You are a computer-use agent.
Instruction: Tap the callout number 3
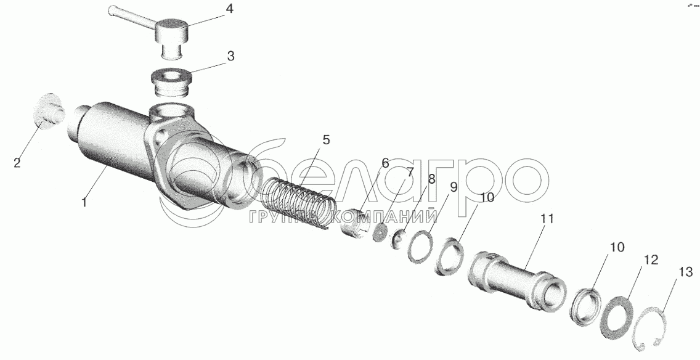tap(230, 57)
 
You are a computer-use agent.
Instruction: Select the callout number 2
tap(17, 163)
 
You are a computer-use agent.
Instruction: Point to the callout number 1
tap(84, 202)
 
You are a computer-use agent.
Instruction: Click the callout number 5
tap(326, 140)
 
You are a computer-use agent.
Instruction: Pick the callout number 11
tap(547, 219)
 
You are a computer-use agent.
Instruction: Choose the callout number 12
tap(651, 260)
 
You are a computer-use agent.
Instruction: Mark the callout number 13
tap(686, 272)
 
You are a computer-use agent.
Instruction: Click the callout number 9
tap(453, 187)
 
